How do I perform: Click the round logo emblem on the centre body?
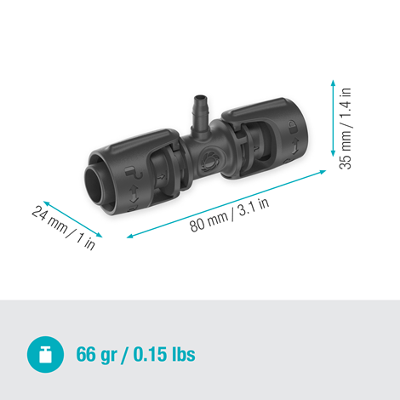[x=208, y=160]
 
